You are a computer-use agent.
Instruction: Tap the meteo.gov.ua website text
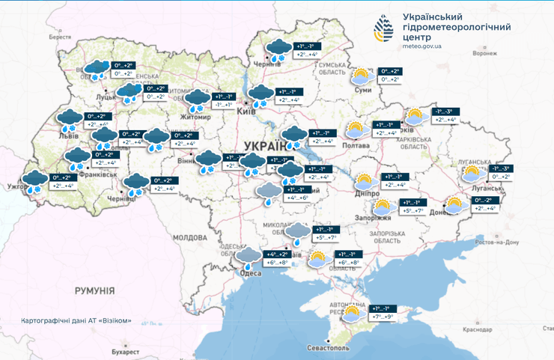pos(421,46)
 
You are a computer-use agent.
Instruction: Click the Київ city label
pos(246,111)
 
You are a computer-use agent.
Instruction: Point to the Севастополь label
pos(328,348)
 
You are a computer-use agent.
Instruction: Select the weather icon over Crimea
pos(350,314)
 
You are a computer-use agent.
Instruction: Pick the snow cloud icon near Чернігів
pos(279,49)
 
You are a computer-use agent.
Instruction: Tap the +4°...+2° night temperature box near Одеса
pos(276,254)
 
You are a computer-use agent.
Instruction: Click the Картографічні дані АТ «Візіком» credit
pos(76,320)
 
